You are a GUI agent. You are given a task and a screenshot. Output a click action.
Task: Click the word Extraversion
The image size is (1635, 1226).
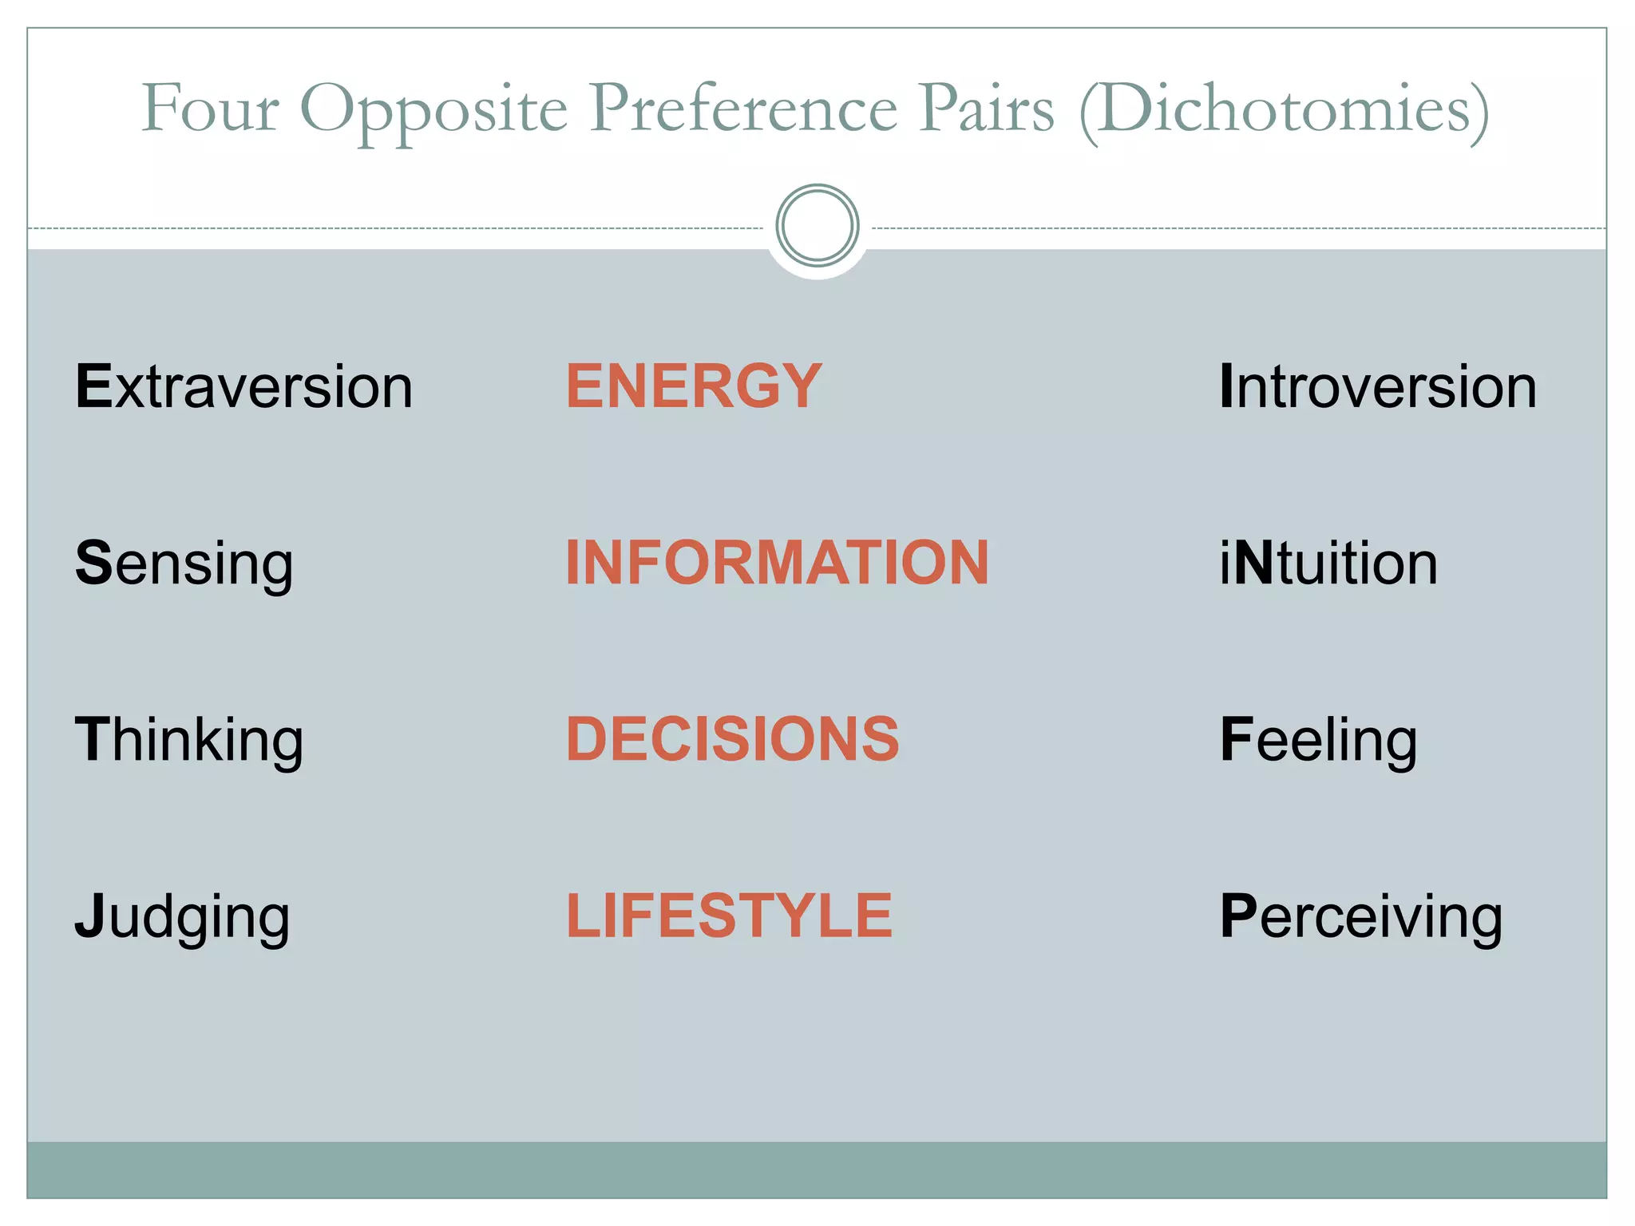coord(243,386)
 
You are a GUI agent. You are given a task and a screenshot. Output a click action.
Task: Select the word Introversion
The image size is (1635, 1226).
coord(1377,386)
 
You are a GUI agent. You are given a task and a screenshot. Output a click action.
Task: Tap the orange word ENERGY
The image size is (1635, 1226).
coord(694,386)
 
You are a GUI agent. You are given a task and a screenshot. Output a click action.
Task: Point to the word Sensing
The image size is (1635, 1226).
coord(184,564)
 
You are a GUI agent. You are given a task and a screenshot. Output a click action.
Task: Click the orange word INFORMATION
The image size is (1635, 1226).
coord(777,563)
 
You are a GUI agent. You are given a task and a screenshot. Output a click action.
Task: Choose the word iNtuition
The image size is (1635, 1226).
coord(1328,564)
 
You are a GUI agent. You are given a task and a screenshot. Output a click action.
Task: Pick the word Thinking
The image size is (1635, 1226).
coord(189,741)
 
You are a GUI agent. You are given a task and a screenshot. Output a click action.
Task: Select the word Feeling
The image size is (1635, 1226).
coord(1318,741)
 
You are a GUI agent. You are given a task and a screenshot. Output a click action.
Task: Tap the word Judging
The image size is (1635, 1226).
coord(182,917)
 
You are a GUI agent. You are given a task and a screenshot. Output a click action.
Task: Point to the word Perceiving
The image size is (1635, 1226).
coord(1361,917)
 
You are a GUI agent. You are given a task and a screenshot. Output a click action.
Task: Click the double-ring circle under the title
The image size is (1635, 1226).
coord(817,226)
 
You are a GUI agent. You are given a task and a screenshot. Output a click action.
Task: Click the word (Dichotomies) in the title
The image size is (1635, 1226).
coord(1284,110)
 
